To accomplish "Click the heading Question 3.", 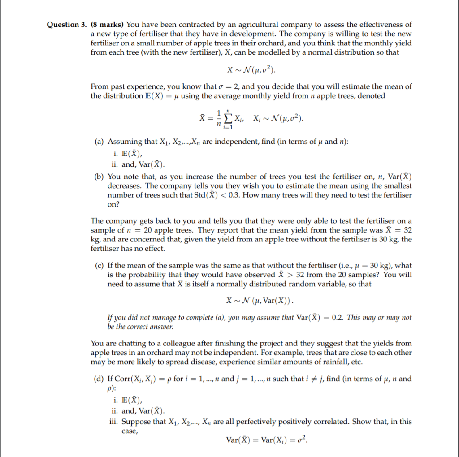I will click(x=67, y=25).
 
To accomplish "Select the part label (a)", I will click(x=100, y=142).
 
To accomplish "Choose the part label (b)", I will click(x=100, y=177).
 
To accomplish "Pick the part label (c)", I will click(x=100, y=265).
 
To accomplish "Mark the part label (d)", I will click(x=100, y=379).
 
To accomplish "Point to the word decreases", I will click(x=124, y=186).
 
